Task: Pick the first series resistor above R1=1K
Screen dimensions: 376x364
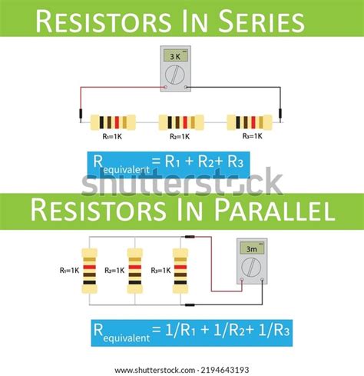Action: [x=113, y=121]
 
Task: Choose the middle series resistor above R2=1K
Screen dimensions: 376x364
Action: [x=180, y=121]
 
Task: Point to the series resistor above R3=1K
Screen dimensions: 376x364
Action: [x=250, y=121]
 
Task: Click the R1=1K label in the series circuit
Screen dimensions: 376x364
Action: [x=113, y=138]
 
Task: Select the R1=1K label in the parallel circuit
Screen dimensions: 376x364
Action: [x=70, y=270]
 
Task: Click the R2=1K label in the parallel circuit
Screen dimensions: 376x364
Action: [x=116, y=270]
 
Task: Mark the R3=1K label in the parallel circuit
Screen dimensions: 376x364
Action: [x=161, y=270]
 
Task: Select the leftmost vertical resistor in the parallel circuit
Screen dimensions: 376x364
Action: [x=91, y=270]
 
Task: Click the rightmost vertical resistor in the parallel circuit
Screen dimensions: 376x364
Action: [x=180, y=270]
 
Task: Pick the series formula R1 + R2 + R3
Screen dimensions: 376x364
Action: [x=202, y=162]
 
